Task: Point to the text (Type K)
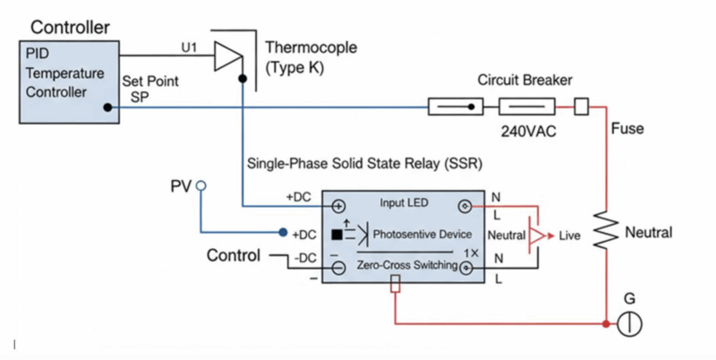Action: (x=292, y=64)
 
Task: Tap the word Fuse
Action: (x=627, y=129)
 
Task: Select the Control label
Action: (x=234, y=256)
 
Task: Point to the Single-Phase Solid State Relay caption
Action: (x=344, y=163)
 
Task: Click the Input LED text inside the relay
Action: (x=405, y=203)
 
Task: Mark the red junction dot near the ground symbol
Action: (x=607, y=323)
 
